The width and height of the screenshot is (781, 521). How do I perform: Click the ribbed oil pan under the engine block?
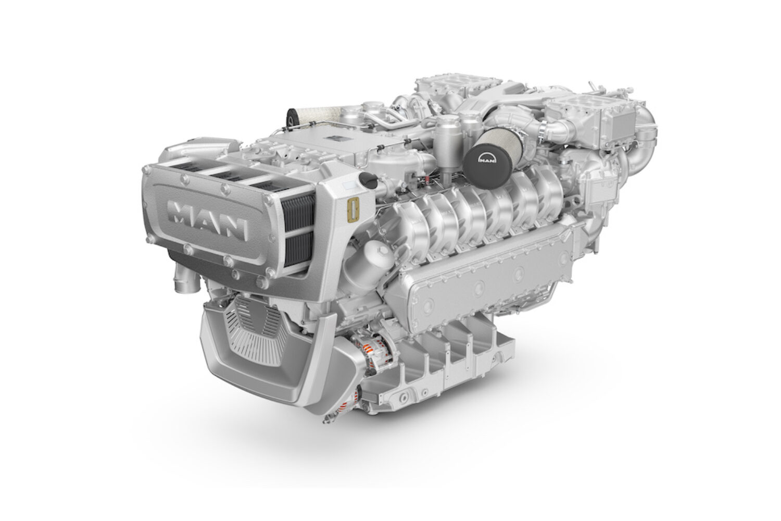448,359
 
